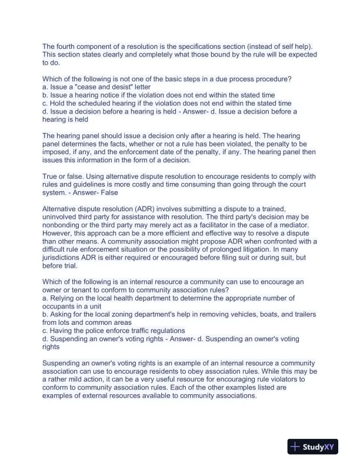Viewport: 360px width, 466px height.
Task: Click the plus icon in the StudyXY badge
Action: click(295, 447)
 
